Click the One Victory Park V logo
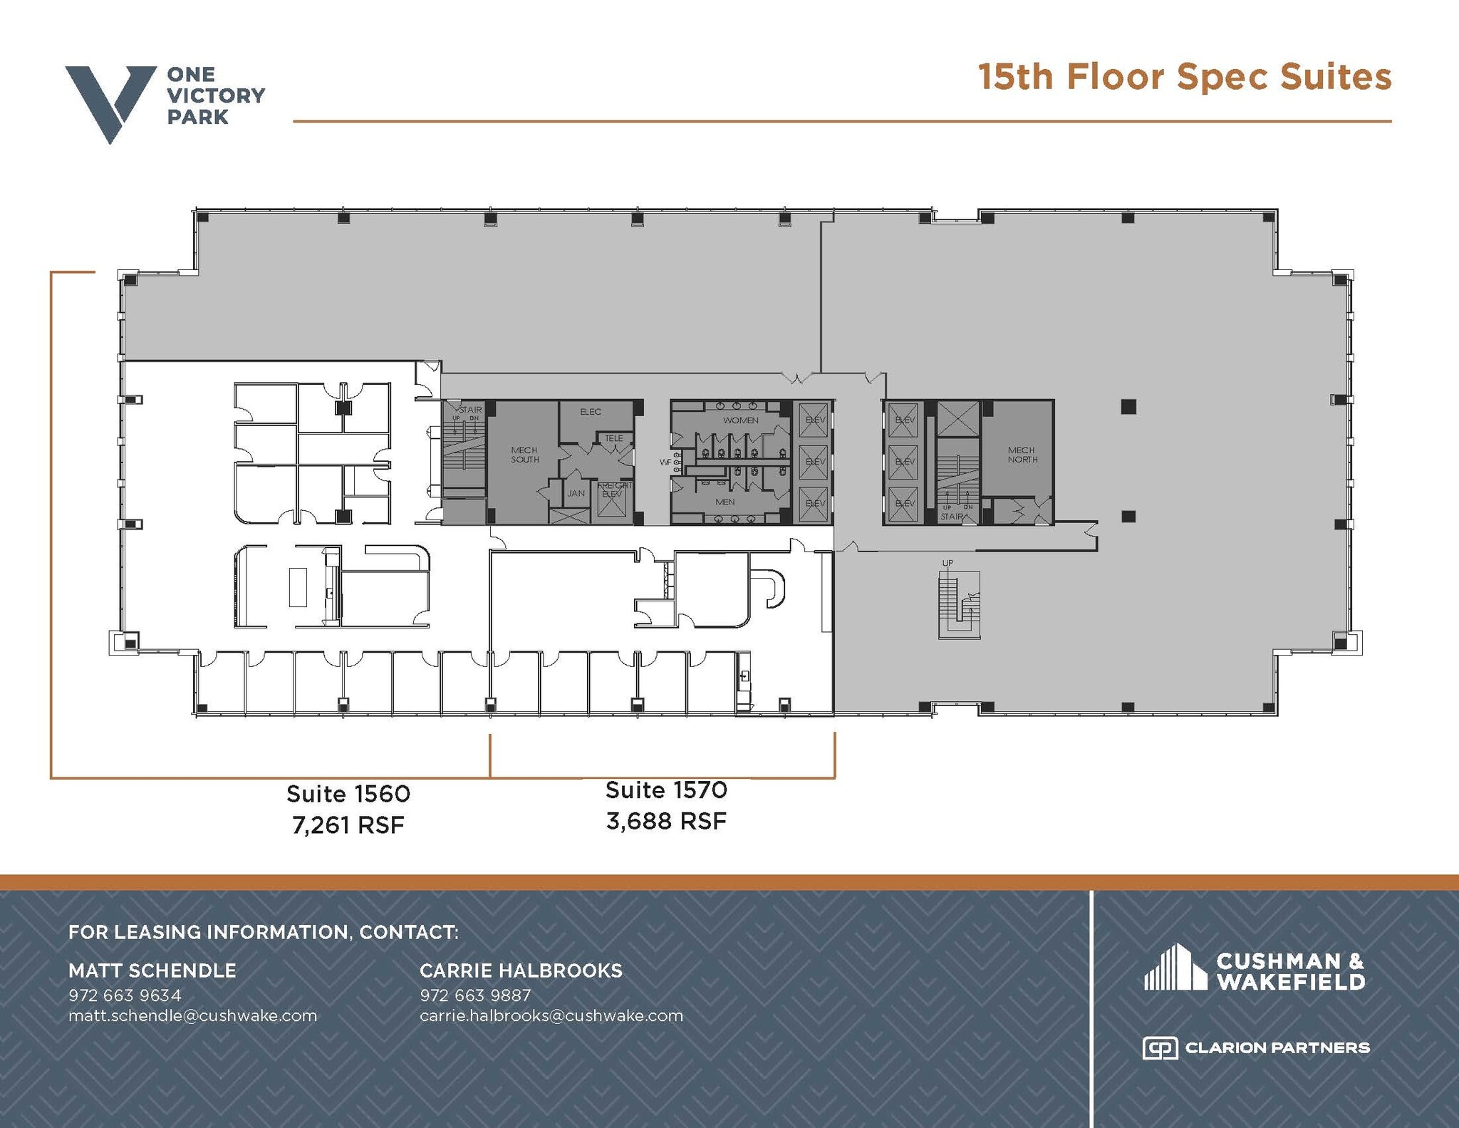tap(110, 102)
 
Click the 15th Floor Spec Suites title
tap(1184, 77)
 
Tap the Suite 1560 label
tap(348, 794)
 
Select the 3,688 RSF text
tap(666, 822)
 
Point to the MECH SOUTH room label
tap(524, 455)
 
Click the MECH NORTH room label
tap(1022, 455)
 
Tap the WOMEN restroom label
tap(740, 420)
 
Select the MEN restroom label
tap(725, 502)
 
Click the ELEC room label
tap(590, 412)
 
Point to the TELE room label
tap(613, 439)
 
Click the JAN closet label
tap(576, 493)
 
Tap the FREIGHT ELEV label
tap(613, 490)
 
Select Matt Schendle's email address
tap(192, 1015)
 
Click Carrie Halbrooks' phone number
tap(474, 995)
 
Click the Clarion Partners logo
tap(1255, 1047)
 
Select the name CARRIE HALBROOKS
tap(521, 971)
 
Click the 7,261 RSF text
tap(348, 825)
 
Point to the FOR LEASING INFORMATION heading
tap(264, 932)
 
